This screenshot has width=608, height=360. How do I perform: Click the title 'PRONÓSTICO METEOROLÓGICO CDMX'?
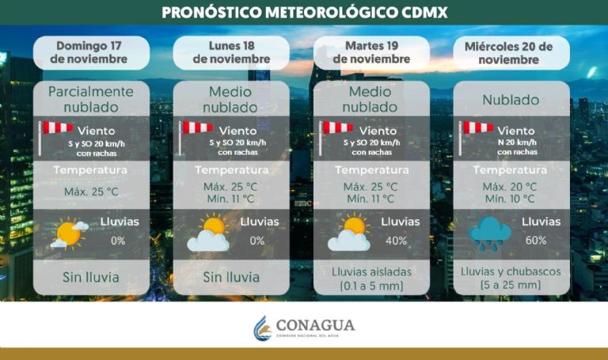tap(305, 12)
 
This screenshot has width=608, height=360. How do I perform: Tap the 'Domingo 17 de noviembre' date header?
tap(91, 51)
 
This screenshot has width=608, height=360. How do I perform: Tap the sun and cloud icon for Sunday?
tap(69, 233)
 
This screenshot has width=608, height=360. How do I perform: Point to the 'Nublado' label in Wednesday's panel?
tap(511, 100)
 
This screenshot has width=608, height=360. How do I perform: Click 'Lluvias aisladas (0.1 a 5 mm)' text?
tap(371, 278)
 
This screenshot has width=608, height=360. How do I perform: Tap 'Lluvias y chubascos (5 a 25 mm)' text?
tap(511, 278)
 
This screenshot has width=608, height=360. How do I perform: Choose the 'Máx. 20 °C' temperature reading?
tap(511, 187)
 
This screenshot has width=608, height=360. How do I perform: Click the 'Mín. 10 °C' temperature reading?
tap(511, 199)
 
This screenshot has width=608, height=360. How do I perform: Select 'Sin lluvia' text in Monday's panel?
tap(231, 277)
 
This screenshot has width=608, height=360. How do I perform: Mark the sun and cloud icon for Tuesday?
tap(349, 233)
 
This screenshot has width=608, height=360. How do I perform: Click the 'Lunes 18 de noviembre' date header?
tap(231, 51)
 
